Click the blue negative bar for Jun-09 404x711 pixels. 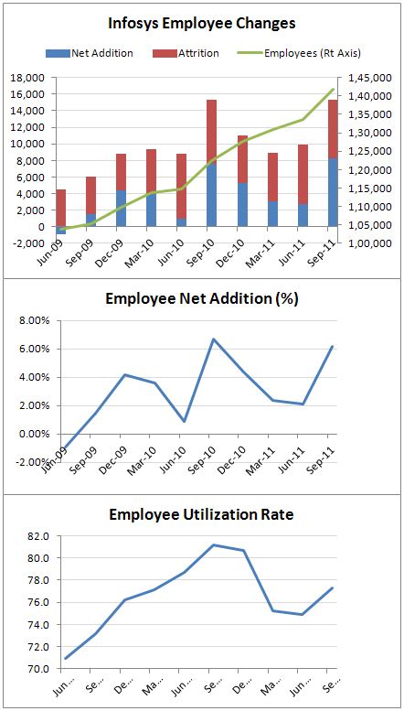(x=61, y=231)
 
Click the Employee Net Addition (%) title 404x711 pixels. (x=202, y=298)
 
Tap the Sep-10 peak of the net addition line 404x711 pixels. (x=212, y=339)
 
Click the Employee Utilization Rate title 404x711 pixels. (x=202, y=514)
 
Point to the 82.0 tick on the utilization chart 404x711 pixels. (x=37, y=536)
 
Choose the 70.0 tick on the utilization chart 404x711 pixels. (x=37, y=669)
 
